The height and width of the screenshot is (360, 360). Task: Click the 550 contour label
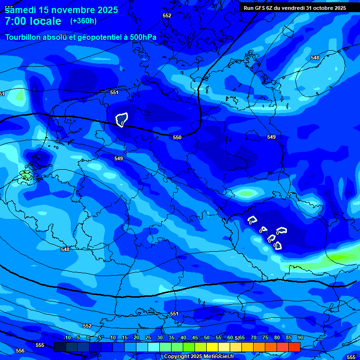[177, 137]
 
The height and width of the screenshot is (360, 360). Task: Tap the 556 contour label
[20, 351]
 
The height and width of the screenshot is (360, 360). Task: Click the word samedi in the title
[22, 9]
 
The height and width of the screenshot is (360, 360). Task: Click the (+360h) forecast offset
[83, 21]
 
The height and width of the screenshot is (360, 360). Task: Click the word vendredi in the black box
[290, 8]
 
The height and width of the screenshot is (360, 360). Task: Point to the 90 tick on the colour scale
[300, 338]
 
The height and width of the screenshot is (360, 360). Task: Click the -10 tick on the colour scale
[67, 338]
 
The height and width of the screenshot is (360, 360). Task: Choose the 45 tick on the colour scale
[195, 338]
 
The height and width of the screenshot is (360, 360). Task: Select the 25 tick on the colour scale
[148, 338]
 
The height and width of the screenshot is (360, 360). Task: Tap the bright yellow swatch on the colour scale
[212, 347]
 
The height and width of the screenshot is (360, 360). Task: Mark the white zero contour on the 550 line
[122, 120]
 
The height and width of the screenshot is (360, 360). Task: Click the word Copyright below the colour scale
[177, 357]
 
